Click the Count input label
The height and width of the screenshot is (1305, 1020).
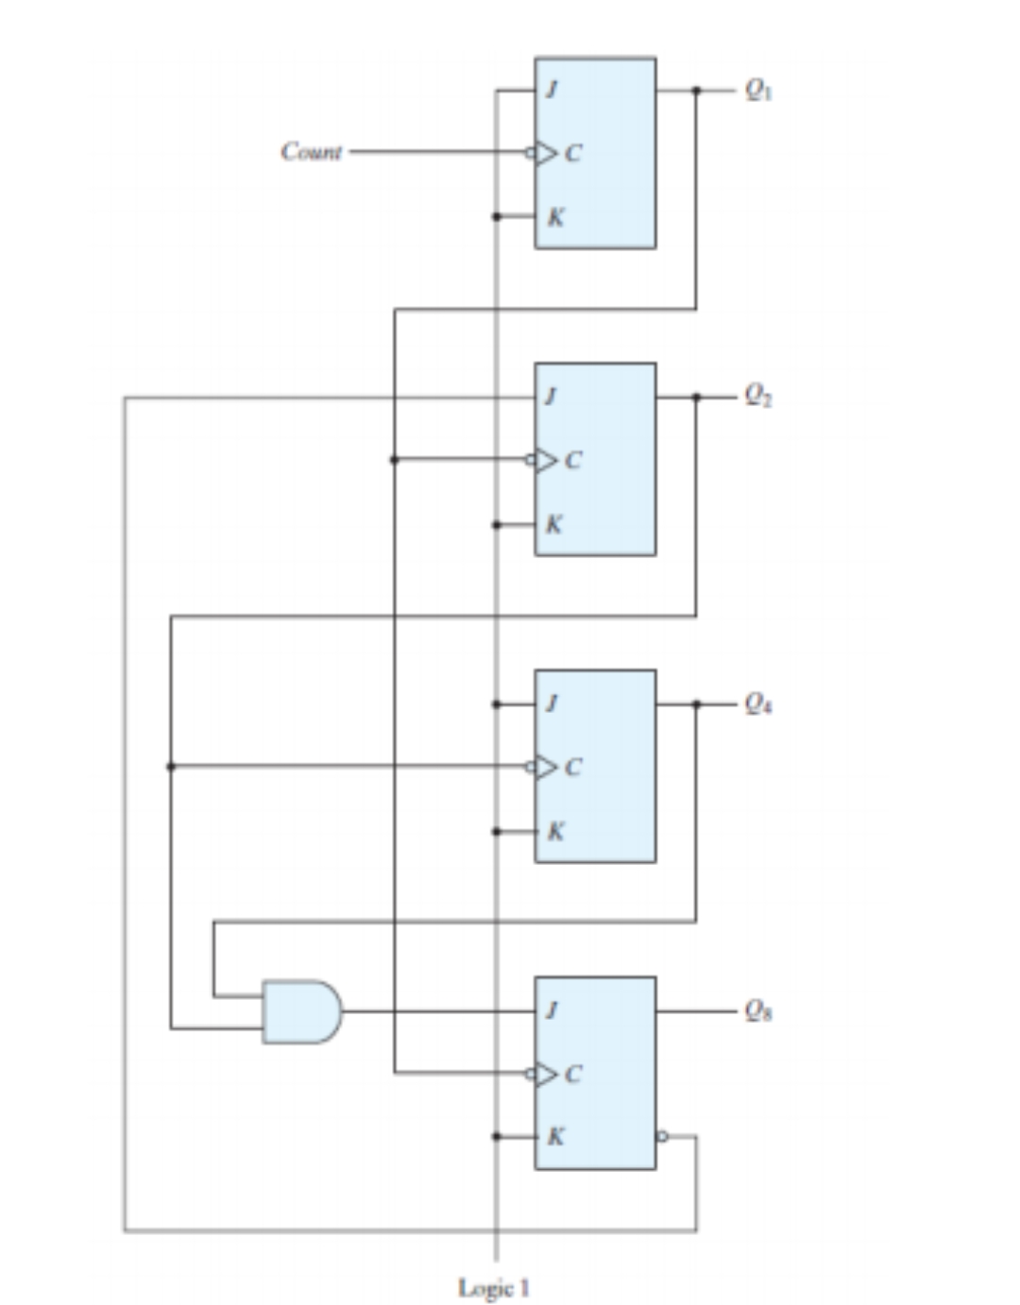[x=311, y=151]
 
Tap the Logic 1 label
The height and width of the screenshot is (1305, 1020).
[x=494, y=1287]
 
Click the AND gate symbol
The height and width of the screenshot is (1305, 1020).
[x=301, y=1011]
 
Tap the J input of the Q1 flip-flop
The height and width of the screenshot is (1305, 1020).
[x=552, y=90]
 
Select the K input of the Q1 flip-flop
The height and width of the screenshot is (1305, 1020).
[x=555, y=216]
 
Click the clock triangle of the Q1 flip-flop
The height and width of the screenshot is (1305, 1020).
[x=546, y=152]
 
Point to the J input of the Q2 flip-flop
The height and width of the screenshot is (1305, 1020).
[x=552, y=397]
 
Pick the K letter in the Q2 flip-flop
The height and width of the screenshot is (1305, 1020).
[x=555, y=524]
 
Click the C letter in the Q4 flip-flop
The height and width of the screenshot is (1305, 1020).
[x=573, y=767]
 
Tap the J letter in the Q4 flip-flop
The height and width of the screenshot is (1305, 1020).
[x=552, y=703]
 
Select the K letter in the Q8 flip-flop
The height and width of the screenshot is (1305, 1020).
[x=555, y=1136]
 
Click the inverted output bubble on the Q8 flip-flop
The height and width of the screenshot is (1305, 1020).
[x=662, y=1136]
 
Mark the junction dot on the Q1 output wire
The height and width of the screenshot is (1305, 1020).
[x=696, y=90]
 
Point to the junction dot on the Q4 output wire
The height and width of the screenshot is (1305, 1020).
[x=696, y=703]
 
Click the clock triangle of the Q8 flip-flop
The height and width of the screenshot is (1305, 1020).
[x=546, y=1074]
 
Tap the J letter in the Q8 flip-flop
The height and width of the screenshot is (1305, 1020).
[x=552, y=1011]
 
